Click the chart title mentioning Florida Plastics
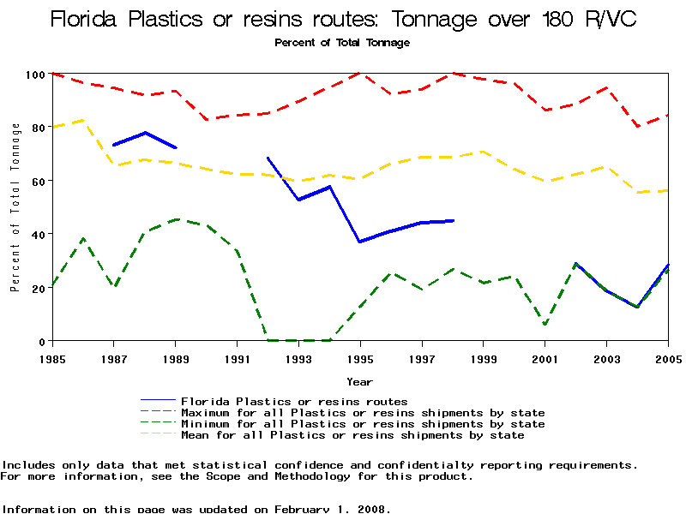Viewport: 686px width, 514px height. (343, 19)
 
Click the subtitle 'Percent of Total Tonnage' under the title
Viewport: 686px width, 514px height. (342, 43)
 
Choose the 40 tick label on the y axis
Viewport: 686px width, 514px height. (36, 234)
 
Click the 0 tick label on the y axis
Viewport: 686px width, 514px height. (39, 341)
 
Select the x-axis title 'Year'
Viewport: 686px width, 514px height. (359, 381)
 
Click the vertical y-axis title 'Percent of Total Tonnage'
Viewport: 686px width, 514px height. (15, 207)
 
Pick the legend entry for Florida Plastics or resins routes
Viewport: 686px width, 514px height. (293, 401)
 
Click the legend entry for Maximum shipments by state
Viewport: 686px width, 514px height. (362, 413)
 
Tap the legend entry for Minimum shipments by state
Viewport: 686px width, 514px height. (362, 424)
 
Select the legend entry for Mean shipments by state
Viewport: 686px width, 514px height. (352, 435)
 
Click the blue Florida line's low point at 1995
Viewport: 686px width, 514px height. (360, 242)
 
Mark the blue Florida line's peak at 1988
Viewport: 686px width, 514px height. (145, 133)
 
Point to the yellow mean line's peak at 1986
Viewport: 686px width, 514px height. (83, 120)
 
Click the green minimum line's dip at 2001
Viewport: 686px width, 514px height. (545, 325)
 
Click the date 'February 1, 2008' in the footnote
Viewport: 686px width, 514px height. (333, 509)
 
